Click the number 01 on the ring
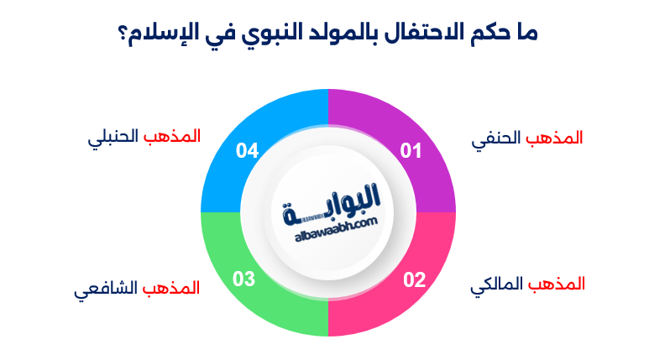coord(410,151)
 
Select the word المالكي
coord(496,284)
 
